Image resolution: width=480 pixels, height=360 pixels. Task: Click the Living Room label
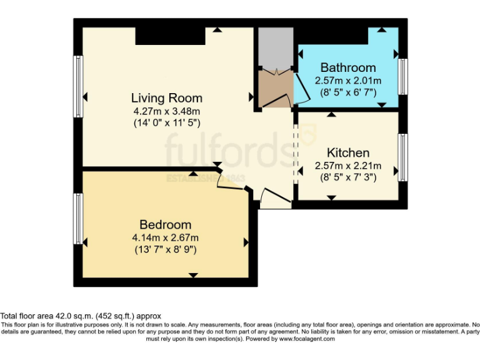pyautogui.click(x=166, y=98)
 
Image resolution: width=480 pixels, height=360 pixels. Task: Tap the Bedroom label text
pyautogui.click(x=165, y=224)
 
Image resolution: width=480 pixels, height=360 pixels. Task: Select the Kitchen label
pyautogui.click(x=347, y=152)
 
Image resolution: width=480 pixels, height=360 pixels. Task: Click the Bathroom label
pyautogui.click(x=348, y=67)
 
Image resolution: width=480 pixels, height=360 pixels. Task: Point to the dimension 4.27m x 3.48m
pyautogui.click(x=166, y=111)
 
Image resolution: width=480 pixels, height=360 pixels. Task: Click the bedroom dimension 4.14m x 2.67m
pyautogui.click(x=165, y=237)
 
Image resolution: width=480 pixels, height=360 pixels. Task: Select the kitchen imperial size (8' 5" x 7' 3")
pyautogui.click(x=347, y=178)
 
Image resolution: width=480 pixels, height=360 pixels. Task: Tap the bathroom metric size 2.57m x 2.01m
pyautogui.click(x=348, y=81)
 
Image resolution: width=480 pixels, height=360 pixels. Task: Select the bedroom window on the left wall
pyautogui.click(x=78, y=219)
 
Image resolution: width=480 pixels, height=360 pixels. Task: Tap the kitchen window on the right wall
pyautogui.click(x=403, y=156)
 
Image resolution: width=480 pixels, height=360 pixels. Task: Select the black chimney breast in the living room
pyautogui.click(x=170, y=36)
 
